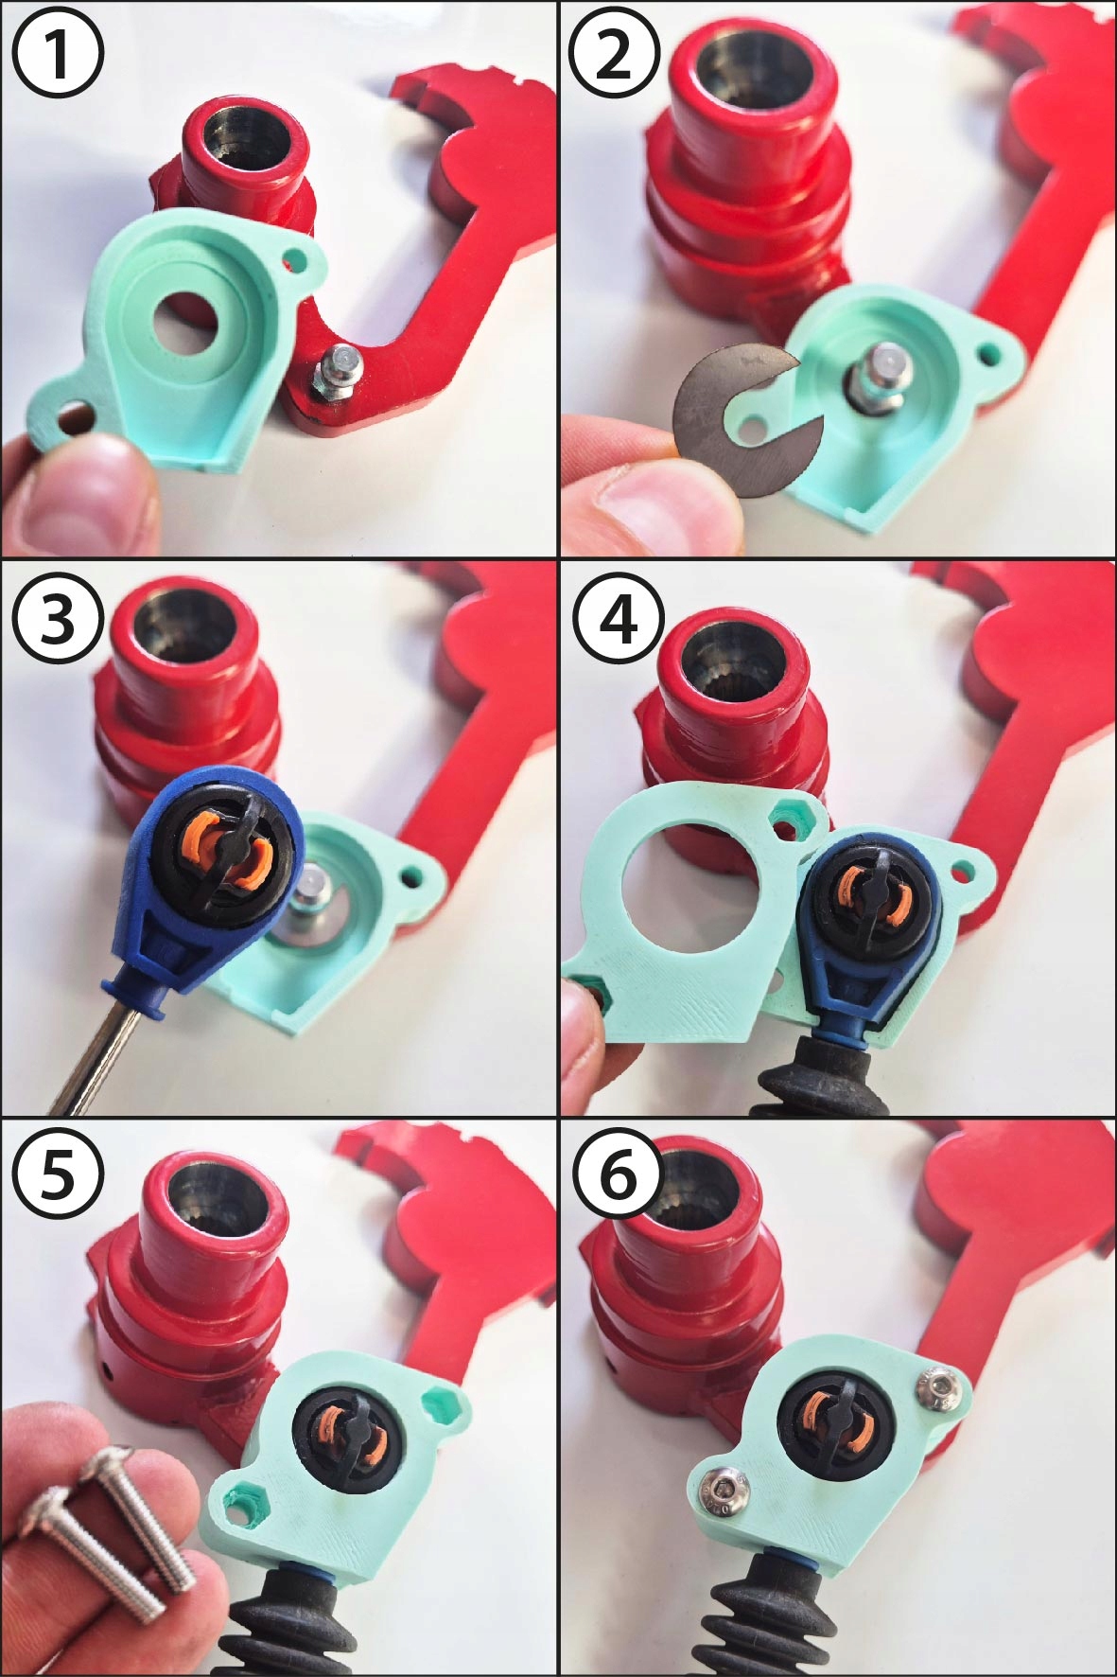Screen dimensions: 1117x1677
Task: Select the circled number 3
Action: click(58, 620)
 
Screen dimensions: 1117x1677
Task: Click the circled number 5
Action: click(58, 1177)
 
